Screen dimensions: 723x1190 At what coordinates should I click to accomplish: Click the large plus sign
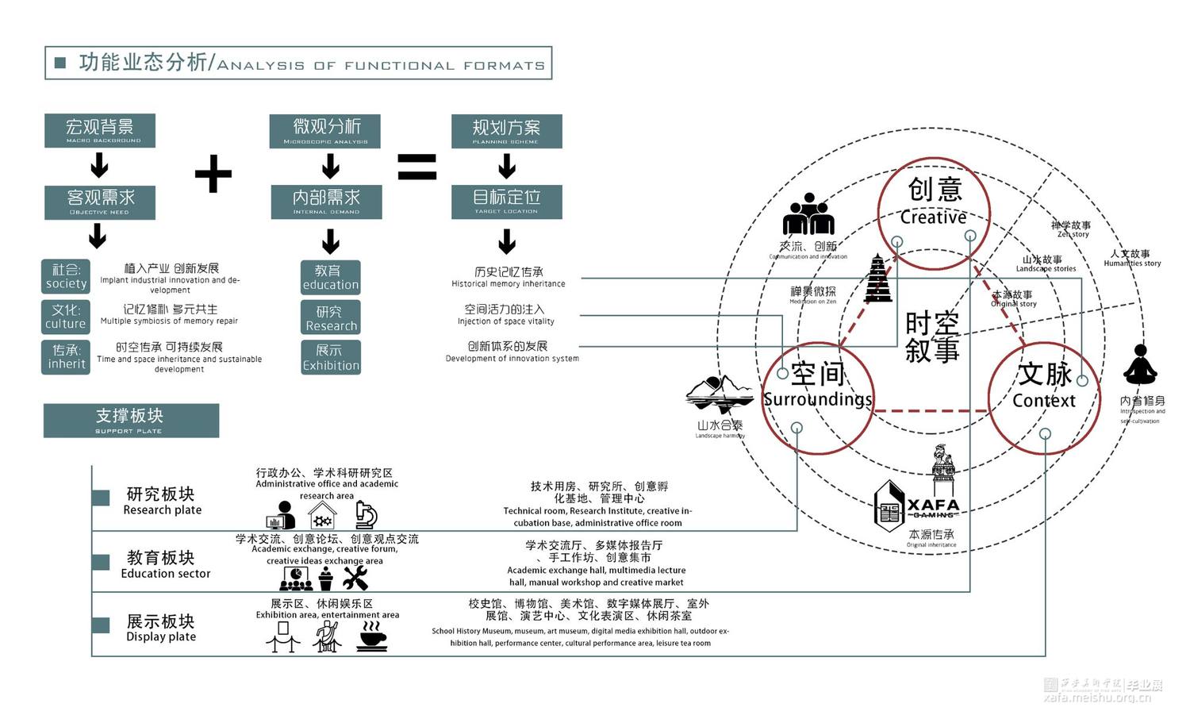213,174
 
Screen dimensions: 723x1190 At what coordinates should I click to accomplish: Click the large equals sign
417,167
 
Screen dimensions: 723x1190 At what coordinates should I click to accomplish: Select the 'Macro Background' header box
100,131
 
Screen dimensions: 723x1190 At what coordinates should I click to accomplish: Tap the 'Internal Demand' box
326,202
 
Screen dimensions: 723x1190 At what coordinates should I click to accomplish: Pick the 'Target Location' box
506,202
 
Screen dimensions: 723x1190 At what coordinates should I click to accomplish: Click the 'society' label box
66,277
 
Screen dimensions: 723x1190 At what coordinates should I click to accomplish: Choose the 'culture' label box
65,317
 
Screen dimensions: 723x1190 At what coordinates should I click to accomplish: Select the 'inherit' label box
66,357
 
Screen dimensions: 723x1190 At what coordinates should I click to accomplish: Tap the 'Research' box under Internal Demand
331,317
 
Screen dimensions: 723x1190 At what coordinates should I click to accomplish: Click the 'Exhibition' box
331,357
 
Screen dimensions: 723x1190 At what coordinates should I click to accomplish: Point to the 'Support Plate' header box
131,421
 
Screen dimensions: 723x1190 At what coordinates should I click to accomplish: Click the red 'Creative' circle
935,208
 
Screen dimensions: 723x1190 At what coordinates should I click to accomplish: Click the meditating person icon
1140,366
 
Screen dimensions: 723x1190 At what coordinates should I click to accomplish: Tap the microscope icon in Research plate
366,515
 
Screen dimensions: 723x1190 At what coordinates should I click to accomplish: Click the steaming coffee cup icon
371,636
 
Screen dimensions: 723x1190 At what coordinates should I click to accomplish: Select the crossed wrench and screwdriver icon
355,579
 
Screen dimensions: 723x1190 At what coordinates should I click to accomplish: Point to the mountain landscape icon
719,394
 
